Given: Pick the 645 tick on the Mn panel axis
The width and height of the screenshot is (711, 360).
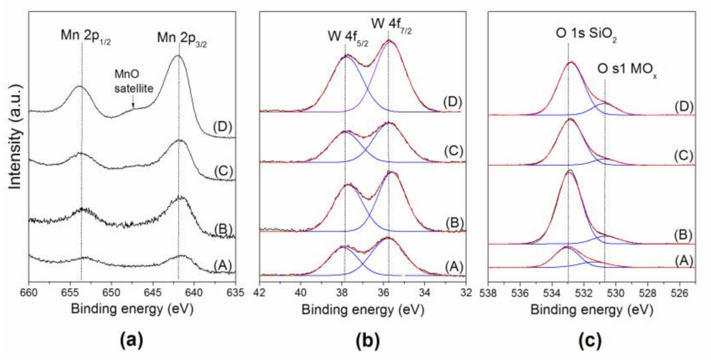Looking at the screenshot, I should click(152, 291).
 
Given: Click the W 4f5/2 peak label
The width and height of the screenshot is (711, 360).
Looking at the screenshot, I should click(347, 35).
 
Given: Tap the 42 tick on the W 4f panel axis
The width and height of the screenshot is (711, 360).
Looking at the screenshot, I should click(260, 291).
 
